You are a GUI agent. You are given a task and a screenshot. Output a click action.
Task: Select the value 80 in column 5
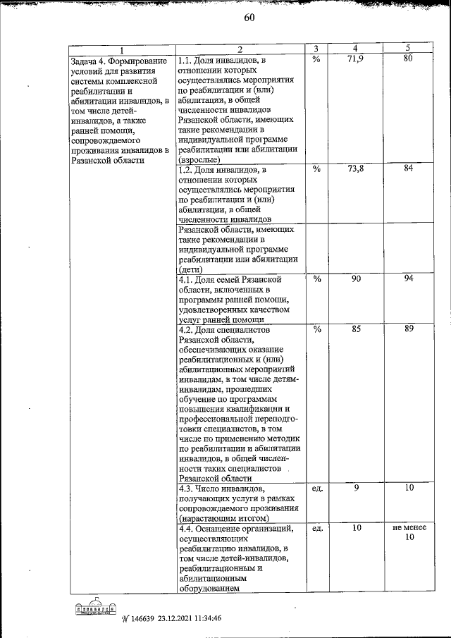click(407, 59)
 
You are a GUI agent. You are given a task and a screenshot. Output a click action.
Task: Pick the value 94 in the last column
click(407, 280)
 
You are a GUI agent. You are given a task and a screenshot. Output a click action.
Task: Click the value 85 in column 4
click(356, 329)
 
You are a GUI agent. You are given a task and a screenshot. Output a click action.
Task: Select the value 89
click(407, 329)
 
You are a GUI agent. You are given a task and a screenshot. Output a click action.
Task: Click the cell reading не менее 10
click(407, 533)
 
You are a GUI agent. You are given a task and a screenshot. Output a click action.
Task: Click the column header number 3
click(316, 49)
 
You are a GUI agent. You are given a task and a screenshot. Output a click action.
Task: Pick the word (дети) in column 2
click(191, 270)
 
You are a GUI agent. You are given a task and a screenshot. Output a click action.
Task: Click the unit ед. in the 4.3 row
click(316, 489)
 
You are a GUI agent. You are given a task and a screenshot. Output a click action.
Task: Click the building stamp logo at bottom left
click(94, 608)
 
